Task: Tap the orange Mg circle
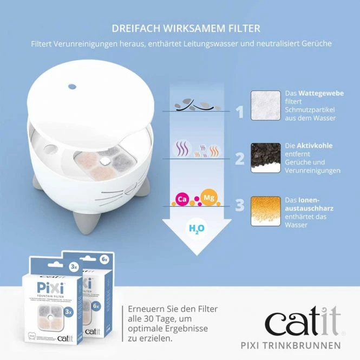pyautogui.click(x=208, y=197)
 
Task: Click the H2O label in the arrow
pyautogui.click(x=195, y=229)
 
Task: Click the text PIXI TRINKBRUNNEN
pyautogui.click(x=291, y=345)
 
